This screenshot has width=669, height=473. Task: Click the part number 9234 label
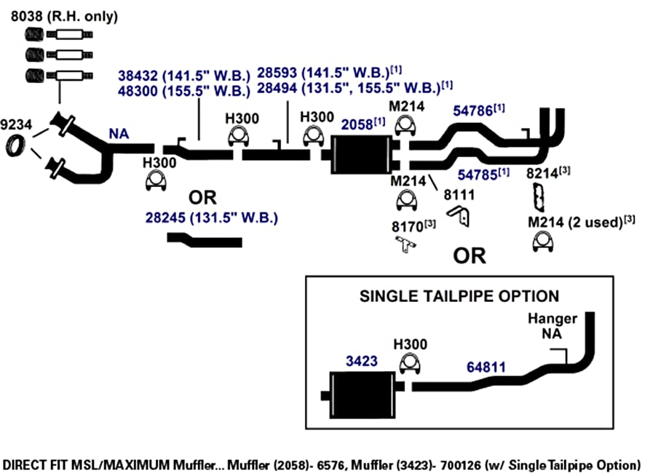[x=16, y=124]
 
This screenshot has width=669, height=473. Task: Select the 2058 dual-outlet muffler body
[x=361, y=154]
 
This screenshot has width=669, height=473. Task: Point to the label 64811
[x=486, y=367]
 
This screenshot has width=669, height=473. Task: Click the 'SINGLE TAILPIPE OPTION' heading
[x=459, y=296]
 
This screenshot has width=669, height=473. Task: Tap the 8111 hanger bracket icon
[x=459, y=215]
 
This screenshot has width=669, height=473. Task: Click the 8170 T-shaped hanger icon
[x=405, y=245]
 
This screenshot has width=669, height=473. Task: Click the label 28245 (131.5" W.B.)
[x=212, y=218]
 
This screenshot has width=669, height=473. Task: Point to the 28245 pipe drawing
[x=205, y=240]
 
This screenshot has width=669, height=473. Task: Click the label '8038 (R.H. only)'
[x=64, y=16]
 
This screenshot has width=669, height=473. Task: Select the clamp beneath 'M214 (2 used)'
[x=543, y=242]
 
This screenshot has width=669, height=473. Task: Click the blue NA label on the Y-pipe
[x=119, y=134]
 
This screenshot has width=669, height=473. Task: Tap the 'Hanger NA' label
[x=552, y=326]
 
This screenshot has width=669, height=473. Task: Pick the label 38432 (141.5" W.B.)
[x=184, y=76]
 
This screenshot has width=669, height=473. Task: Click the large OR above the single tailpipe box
[x=470, y=256]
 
